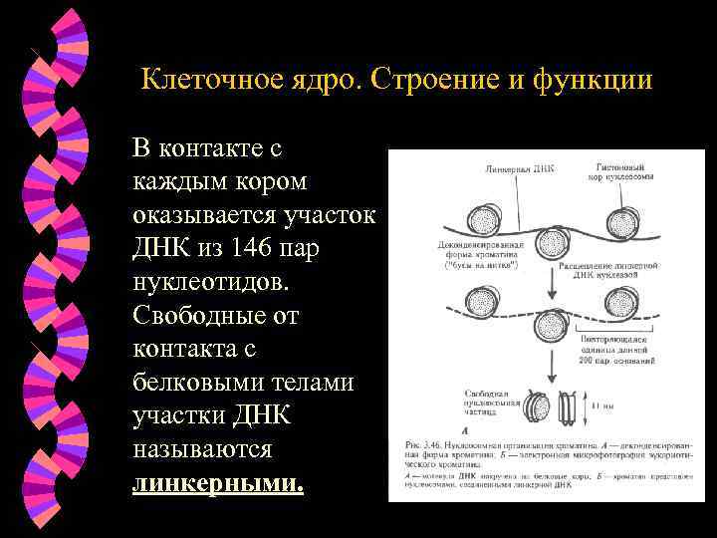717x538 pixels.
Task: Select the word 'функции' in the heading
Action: coord(598,80)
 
